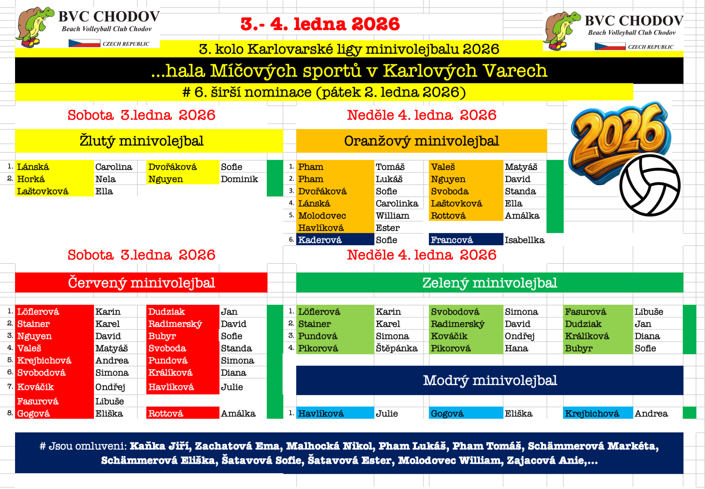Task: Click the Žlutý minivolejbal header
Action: coord(141,141)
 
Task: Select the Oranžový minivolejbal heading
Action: coord(421,141)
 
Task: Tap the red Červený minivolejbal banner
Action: coord(141,283)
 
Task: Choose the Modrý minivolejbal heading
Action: coord(490,380)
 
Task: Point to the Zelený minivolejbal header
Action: coord(490,283)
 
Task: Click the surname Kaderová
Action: coord(320,240)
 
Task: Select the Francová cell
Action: coord(466,239)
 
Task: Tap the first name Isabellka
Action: coord(524,240)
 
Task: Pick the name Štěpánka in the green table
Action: coord(397,348)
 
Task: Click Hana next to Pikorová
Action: coord(516,348)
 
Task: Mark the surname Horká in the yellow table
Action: coord(31,179)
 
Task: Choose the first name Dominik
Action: coord(239,179)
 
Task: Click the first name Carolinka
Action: coord(397,203)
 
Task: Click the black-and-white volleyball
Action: coord(650,185)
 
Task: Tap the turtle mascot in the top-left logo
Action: coord(35,27)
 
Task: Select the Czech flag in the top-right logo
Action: coord(610,47)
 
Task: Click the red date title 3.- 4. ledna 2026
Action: coord(320,24)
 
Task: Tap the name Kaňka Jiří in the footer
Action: coord(160,446)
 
